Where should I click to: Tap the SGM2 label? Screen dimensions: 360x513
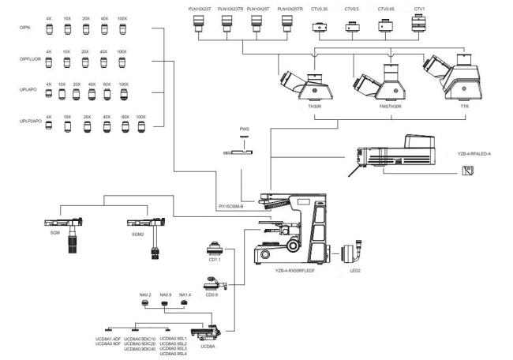pyautogui.click(x=138, y=234)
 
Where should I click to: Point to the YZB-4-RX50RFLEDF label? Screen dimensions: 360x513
pyautogui.click(x=296, y=271)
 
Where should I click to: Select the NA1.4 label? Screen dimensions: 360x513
pyautogui.click(x=185, y=295)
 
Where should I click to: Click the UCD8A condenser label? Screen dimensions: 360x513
pyautogui.click(x=208, y=346)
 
